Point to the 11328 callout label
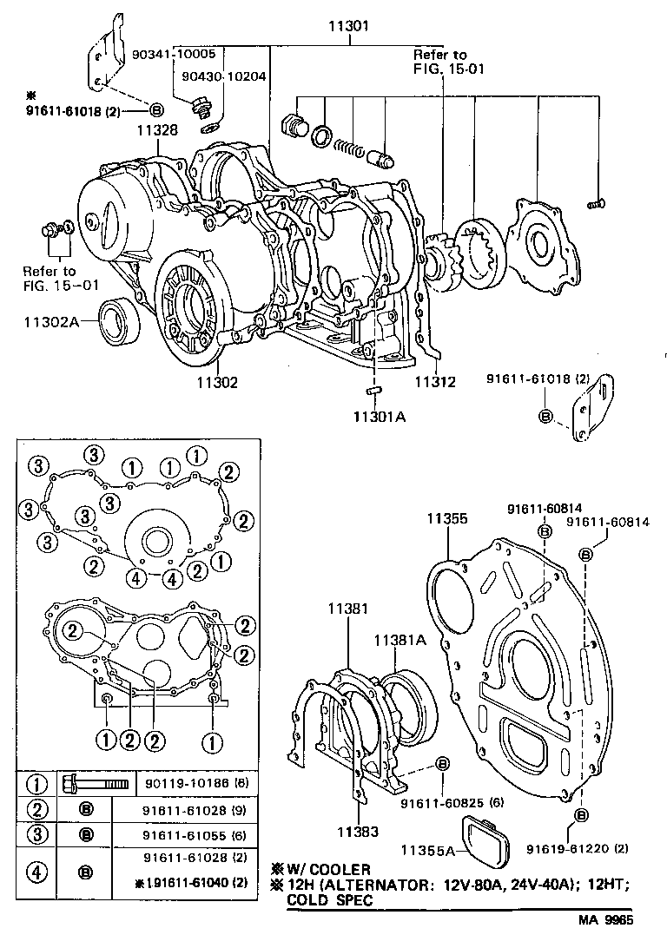(x=156, y=130)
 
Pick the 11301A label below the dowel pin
(x=379, y=417)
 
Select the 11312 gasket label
(x=435, y=382)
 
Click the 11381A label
(x=400, y=640)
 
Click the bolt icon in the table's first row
(x=93, y=784)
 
